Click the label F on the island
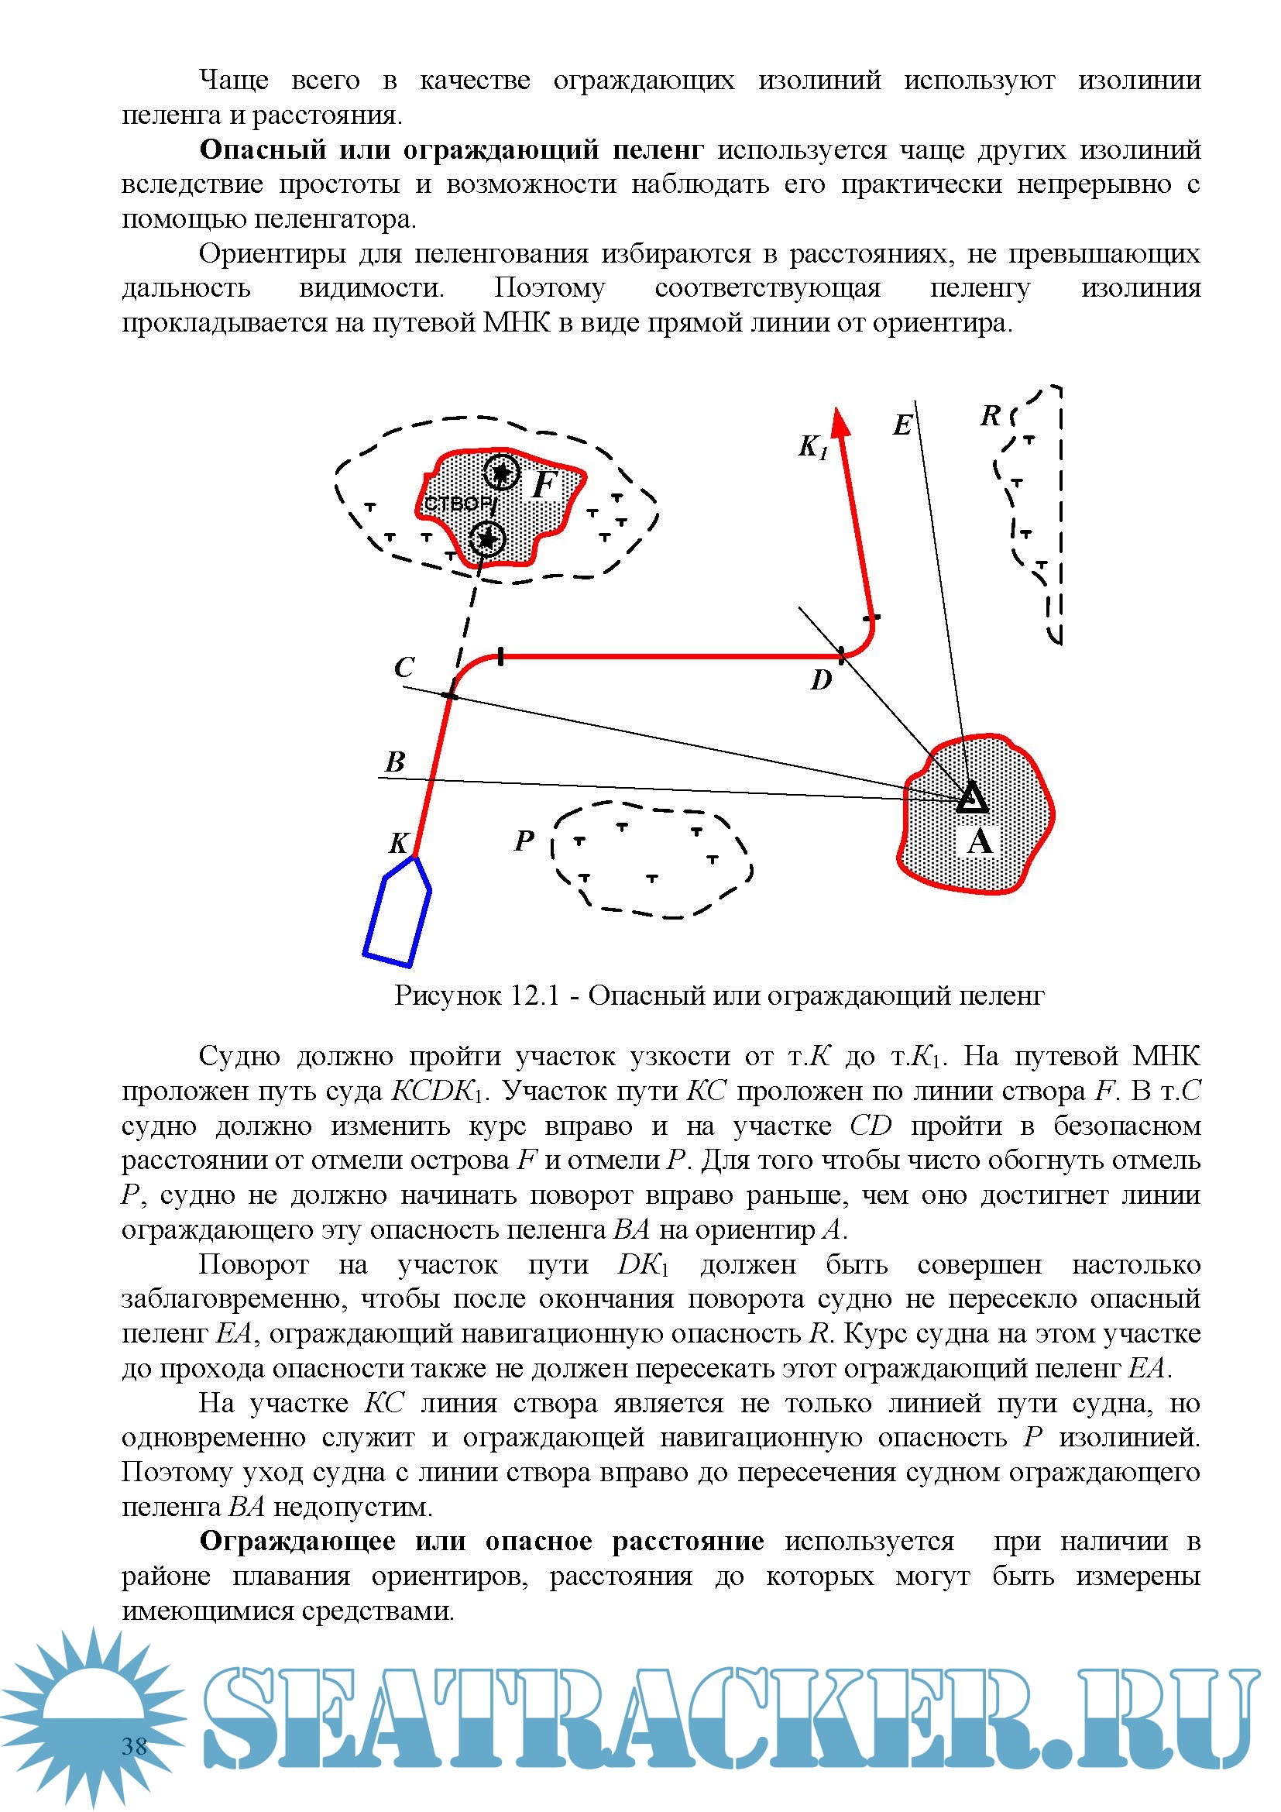point(544,484)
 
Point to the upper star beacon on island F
point(501,473)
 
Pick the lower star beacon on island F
point(487,539)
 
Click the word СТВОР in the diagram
point(458,504)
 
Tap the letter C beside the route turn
point(404,668)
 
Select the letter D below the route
point(821,679)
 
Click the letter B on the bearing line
point(395,762)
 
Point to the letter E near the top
point(902,426)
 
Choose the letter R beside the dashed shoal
point(990,416)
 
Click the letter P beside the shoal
point(524,841)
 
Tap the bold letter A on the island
point(980,842)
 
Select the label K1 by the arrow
point(812,448)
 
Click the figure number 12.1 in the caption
point(535,996)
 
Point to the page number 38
point(135,1745)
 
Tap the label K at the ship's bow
point(399,843)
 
